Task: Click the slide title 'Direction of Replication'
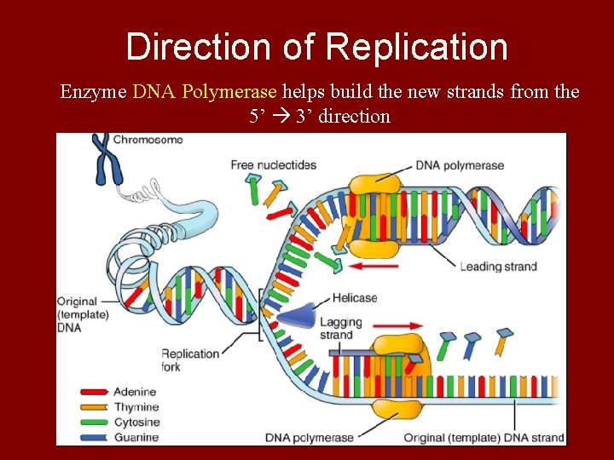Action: click(x=316, y=47)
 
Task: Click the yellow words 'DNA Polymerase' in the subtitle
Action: click(x=205, y=91)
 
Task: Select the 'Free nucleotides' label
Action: click(x=274, y=165)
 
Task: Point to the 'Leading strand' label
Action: click(x=498, y=267)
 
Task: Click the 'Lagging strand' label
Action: click(x=340, y=328)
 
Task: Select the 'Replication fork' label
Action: click(x=190, y=360)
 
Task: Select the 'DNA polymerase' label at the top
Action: click(x=460, y=165)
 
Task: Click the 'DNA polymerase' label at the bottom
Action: click(x=308, y=438)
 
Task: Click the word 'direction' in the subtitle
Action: click(x=354, y=116)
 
